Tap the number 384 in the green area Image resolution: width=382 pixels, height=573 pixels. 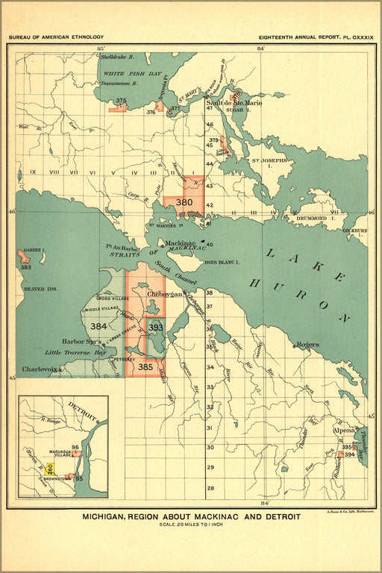point(98,326)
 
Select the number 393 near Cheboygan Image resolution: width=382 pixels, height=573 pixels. point(155,327)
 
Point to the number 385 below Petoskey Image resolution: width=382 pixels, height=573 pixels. point(145,366)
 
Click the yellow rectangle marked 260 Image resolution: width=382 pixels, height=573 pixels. point(50,469)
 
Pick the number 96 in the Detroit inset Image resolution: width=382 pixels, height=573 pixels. point(75,448)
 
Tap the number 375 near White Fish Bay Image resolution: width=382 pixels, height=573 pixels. point(121,101)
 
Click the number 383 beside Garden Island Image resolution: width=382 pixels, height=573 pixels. point(25,266)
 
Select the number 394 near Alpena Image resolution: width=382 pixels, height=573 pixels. point(349,455)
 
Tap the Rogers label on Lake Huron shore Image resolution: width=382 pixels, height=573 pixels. point(307,345)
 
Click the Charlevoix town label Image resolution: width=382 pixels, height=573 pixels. point(37,369)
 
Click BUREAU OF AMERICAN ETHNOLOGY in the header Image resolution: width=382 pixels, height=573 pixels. point(57,37)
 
